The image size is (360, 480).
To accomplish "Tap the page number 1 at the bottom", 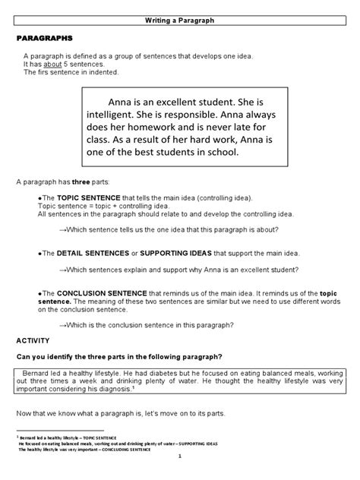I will click(180, 455).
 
